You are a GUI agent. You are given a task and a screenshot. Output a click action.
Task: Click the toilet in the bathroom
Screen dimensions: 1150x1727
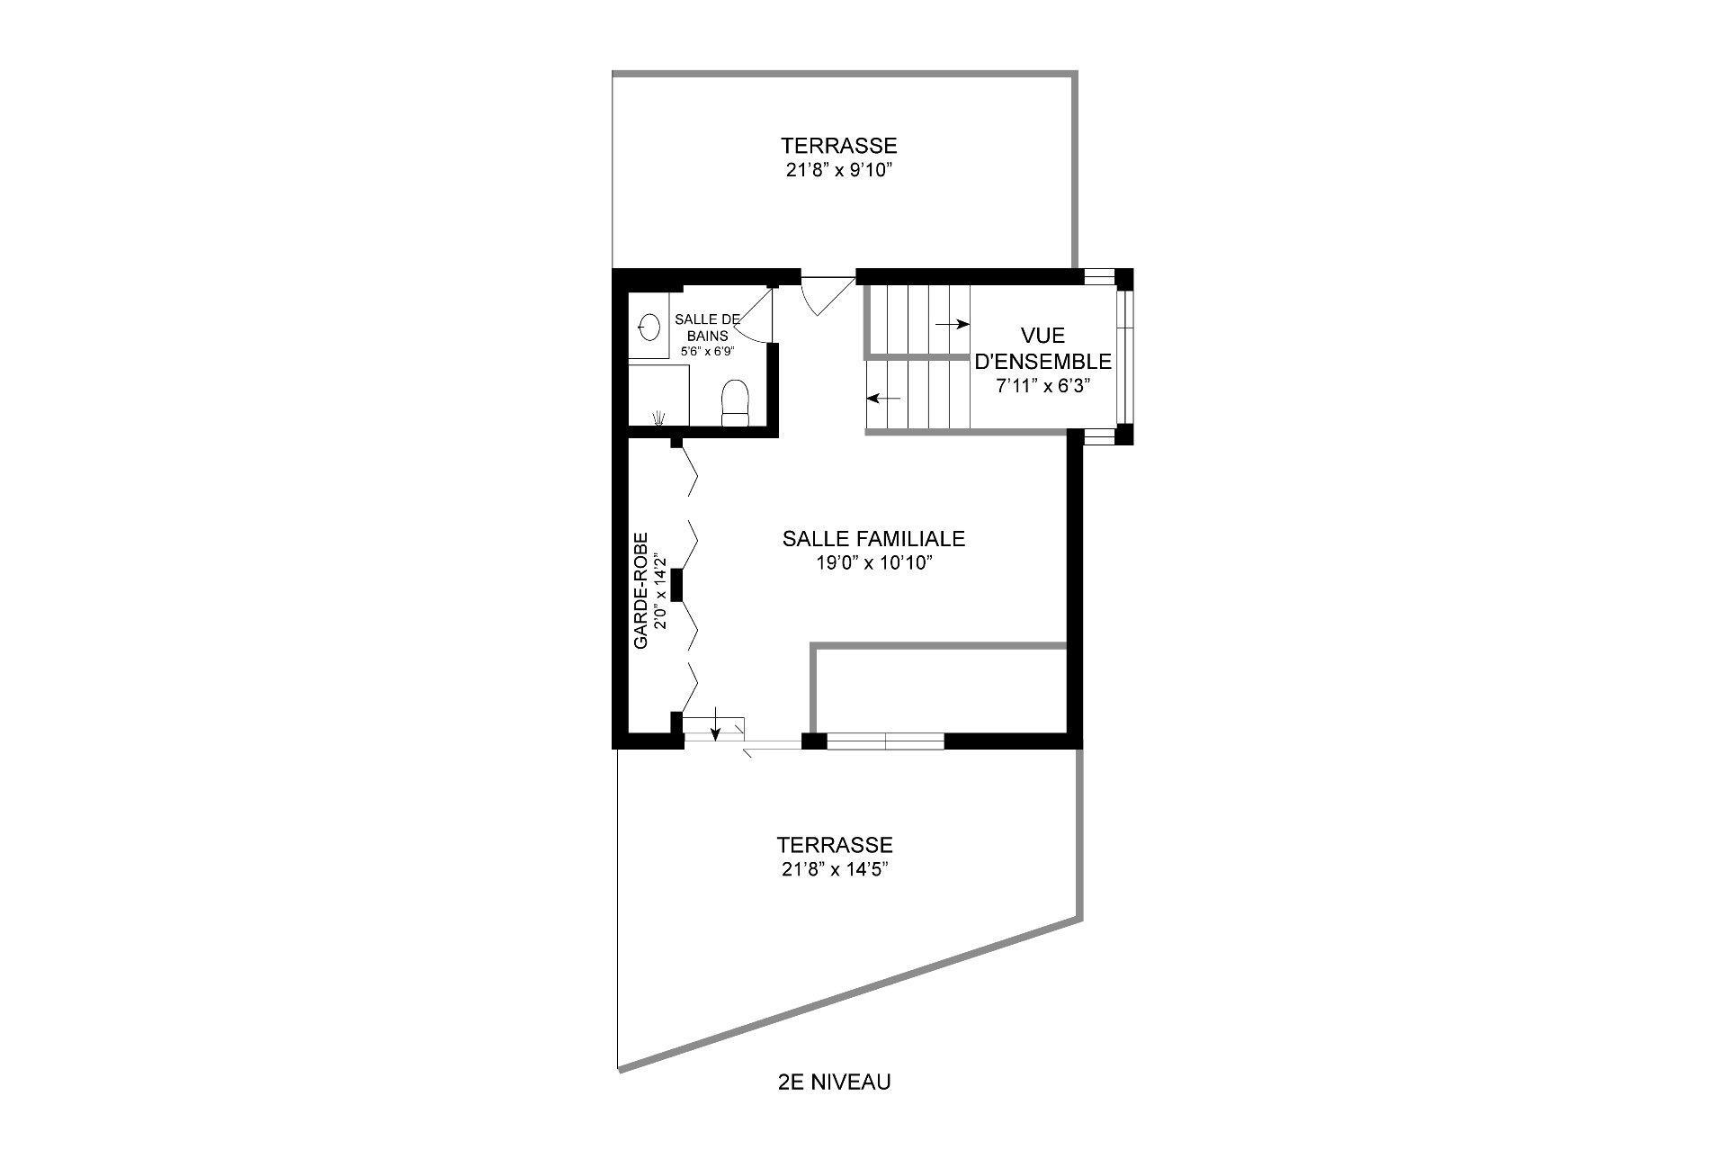tap(735, 402)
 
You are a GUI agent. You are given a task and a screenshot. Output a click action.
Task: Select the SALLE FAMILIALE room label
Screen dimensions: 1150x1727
tap(873, 539)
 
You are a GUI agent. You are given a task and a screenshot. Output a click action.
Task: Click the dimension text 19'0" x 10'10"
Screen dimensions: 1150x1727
tap(872, 563)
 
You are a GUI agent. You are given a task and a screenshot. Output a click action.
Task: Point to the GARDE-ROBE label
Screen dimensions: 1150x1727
tap(640, 591)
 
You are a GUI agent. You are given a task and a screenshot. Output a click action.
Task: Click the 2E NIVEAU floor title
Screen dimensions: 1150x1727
tap(834, 1082)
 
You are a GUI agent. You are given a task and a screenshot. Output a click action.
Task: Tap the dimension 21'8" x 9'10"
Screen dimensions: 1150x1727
tap(838, 170)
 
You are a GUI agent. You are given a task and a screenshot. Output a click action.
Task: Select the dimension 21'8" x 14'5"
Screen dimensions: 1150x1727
tap(836, 869)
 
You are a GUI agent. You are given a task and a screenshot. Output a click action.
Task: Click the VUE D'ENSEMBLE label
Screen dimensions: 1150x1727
tap(1043, 348)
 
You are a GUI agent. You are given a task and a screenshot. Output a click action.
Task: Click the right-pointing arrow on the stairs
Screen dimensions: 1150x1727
tap(952, 324)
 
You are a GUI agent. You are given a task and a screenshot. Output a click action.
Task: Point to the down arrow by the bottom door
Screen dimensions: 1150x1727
tap(715, 723)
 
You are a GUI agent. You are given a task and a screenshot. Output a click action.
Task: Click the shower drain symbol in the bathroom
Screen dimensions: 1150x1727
tap(659, 417)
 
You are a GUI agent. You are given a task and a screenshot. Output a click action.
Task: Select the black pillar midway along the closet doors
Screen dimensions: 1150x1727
tap(677, 585)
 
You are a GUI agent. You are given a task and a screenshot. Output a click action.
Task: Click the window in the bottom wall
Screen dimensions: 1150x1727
tap(885, 741)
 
